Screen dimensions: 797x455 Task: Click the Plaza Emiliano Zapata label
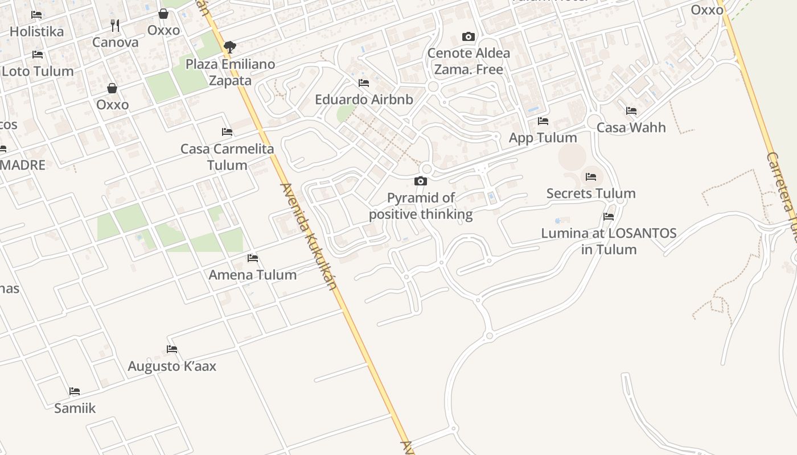coord(230,72)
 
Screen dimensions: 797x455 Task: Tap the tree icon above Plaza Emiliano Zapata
coord(230,47)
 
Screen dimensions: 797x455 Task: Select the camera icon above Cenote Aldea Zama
coord(468,37)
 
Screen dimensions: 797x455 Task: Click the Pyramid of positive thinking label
coord(421,206)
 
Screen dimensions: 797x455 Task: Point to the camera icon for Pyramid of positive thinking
coord(421,181)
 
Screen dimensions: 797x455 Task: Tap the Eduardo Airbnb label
coord(364,100)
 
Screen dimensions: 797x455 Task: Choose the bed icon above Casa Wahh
coord(631,111)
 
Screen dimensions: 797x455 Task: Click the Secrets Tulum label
coord(591,193)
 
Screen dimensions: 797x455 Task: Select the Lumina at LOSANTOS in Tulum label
coord(609,241)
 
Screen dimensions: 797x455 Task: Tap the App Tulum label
coord(543,138)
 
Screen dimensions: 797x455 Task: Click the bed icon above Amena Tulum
coord(253,258)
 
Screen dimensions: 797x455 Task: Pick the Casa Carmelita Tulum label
coord(227,157)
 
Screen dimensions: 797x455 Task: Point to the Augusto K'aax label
coord(172,366)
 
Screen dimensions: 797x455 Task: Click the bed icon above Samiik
coord(75,391)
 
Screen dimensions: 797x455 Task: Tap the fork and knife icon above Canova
coord(115,25)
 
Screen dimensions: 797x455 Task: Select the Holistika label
coord(37,31)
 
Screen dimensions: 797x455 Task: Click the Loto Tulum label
coord(38,71)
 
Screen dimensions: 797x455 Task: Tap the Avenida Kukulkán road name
coord(310,236)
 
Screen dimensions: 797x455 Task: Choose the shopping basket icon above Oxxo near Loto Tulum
coord(112,88)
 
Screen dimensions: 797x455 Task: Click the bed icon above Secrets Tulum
coord(591,177)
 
